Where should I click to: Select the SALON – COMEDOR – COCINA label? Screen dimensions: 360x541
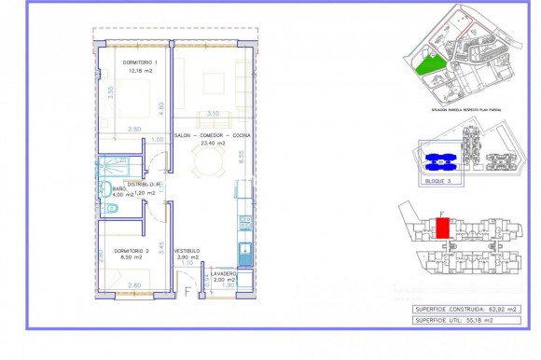tap(212, 135)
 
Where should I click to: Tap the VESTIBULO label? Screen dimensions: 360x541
tap(187, 251)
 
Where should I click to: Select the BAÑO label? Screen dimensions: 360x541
tap(118, 187)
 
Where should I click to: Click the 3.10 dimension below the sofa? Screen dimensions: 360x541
tap(212, 113)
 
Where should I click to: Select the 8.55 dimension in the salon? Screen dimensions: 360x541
tap(242, 159)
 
